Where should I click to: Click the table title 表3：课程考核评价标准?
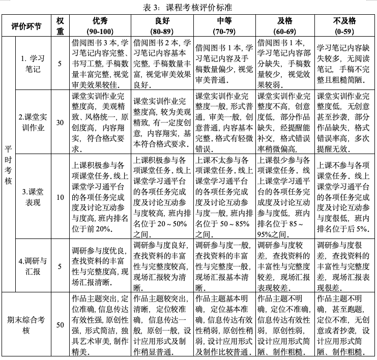click(x=188, y=8)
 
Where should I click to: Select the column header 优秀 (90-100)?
click(x=100, y=25)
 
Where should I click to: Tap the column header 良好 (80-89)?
click(x=162, y=25)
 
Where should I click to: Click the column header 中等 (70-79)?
click(x=224, y=25)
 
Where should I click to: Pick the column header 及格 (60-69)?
click(x=285, y=25)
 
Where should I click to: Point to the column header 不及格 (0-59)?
click(x=345, y=25)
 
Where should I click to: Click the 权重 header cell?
click(x=60, y=25)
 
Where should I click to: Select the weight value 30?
click(x=60, y=123)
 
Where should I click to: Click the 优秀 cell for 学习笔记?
click(x=100, y=64)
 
